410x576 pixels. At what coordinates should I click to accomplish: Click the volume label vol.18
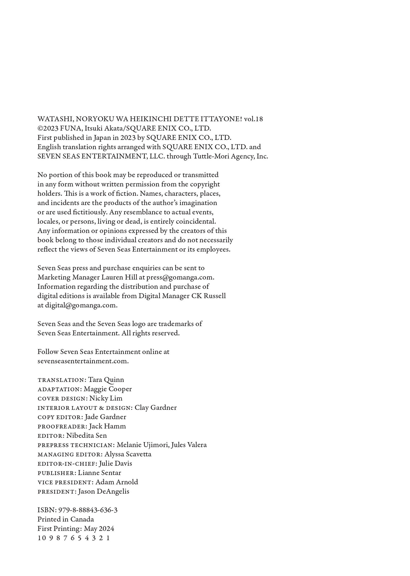pyautogui.click(x=253, y=119)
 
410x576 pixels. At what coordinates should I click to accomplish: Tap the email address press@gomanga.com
pyautogui.click(x=180, y=277)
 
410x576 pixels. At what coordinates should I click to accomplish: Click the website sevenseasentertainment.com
pyautogui.click(x=83, y=361)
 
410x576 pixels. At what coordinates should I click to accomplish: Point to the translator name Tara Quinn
pyautogui.click(x=106, y=380)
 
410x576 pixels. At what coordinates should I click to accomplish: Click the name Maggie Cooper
pyautogui.click(x=108, y=389)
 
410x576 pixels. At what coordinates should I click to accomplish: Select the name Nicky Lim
pyautogui.click(x=106, y=398)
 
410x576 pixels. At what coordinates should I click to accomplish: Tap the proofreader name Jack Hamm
pyautogui.click(x=107, y=426)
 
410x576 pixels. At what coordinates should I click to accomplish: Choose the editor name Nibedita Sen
pyautogui.click(x=87, y=435)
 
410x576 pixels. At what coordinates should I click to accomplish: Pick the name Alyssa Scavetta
pyautogui.click(x=128, y=454)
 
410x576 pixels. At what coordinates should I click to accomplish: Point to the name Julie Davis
pyautogui.click(x=115, y=463)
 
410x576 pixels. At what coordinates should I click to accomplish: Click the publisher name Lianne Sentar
pyautogui.click(x=100, y=473)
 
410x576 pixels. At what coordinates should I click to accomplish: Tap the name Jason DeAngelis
pyautogui.click(x=104, y=491)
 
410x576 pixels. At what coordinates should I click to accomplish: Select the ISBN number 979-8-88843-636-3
pyautogui.click(x=88, y=510)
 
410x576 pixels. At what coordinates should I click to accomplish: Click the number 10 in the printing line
pyautogui.click(x=41, y=538)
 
